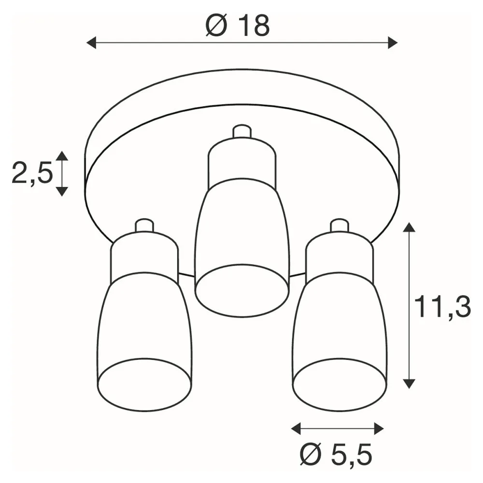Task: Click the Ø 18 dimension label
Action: click(x=238, y=26)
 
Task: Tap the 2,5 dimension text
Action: click(x=32, y=174)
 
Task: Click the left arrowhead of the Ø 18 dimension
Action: click(x=91, y=43)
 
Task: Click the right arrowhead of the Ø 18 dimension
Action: click(x=393, y=43)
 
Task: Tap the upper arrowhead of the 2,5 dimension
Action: click(x=62, y=156)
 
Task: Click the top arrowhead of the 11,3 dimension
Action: click(x=409, y=227)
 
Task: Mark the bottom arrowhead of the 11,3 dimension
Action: click(x=409, y=384)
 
